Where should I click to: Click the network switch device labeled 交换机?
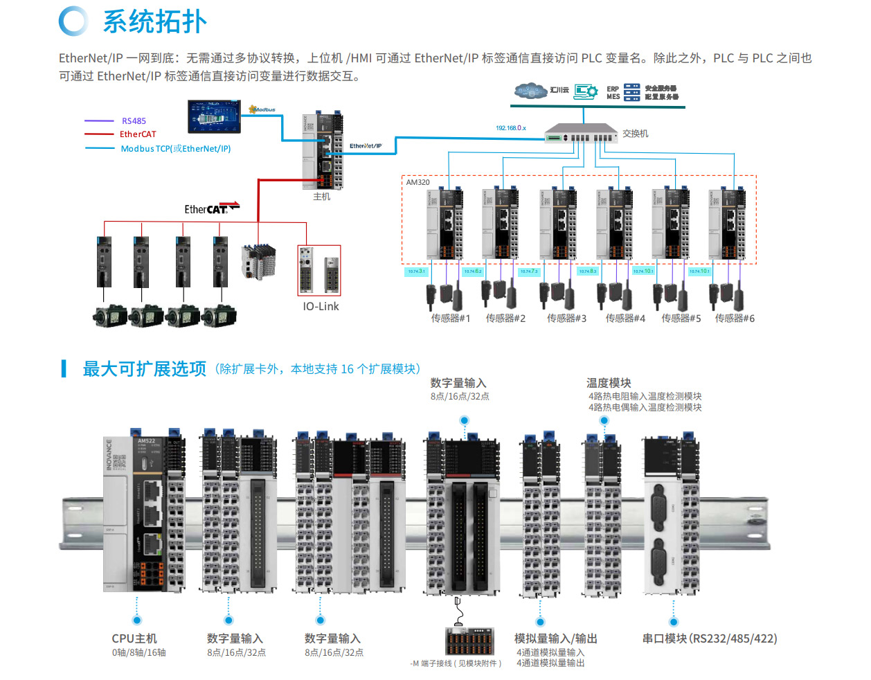[x=580, y=133]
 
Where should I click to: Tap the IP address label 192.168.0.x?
[x=510, y=128]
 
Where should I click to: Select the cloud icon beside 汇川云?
[x=531, y=91]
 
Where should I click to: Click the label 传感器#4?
[x=625, y=319]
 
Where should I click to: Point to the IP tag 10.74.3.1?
[x=416, y=271]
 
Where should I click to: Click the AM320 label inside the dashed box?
[x=417, y=182]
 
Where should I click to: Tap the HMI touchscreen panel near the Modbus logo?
[x=214, y=116]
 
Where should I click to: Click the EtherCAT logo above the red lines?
[x=210, y=208]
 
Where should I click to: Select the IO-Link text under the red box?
[x=321, y=307]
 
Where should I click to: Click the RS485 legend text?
[x=134, y=121]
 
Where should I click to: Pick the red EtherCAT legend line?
[x=99, y=134]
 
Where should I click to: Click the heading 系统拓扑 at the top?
[x=154, y=22]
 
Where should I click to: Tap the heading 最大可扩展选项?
[x=144, y=369]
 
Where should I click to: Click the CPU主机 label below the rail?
[x=134, y=638]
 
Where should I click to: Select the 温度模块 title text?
[x=609, y=383]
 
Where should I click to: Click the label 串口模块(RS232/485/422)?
[x=709, y=638]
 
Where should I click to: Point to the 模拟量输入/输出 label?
[x=555, y=638]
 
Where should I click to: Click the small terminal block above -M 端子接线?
[x=469, y=641]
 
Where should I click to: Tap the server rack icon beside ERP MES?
[x=631, y=93]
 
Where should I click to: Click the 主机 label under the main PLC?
[x=321, y=197]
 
